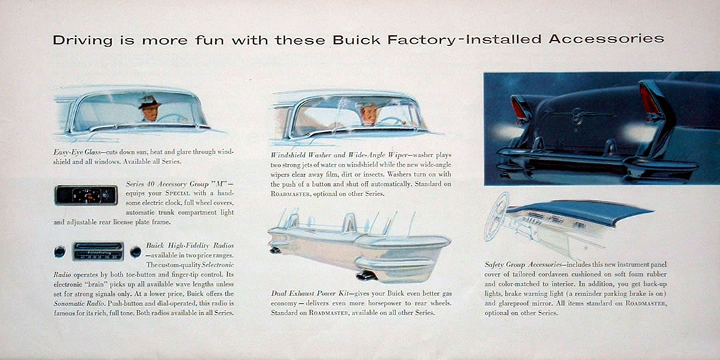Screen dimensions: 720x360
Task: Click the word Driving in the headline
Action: coord(83,41)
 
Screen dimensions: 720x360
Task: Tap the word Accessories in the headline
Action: coord(606,39)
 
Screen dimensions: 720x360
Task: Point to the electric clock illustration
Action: coord(86,195)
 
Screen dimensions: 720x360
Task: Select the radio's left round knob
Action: coord(60,251)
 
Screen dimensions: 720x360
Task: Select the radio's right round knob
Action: coord(135,251)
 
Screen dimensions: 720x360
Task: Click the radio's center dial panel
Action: coord(98,251)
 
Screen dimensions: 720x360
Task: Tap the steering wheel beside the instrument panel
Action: coord(497,217)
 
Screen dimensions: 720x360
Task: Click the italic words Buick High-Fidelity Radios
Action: coord(190,245)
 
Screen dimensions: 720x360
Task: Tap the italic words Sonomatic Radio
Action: coord(75,303)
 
